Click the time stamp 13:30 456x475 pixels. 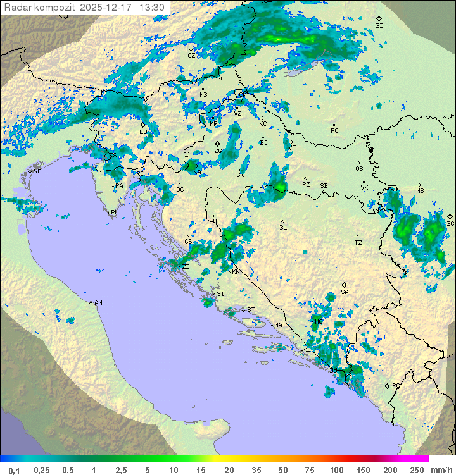tap(152, 8)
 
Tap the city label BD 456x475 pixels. tap(379, 26)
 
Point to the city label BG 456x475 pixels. tap(450, 223)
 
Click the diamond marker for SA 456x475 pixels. tap(345, 285)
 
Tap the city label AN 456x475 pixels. tap(98, 303)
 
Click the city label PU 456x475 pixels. tap(115, 213)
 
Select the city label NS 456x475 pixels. tap(420, 190)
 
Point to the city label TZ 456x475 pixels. tap(358, 242)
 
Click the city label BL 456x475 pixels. tap(283, 227)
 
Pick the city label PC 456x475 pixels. tap(334, 130)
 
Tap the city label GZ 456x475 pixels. tap(191, 55)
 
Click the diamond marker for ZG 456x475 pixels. tap(217, 144)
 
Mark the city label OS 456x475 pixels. tap(359, 169)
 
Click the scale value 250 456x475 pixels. tap(416, 470)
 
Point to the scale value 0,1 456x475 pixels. tap(14, 470)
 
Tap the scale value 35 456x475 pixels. tap(256, 470)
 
